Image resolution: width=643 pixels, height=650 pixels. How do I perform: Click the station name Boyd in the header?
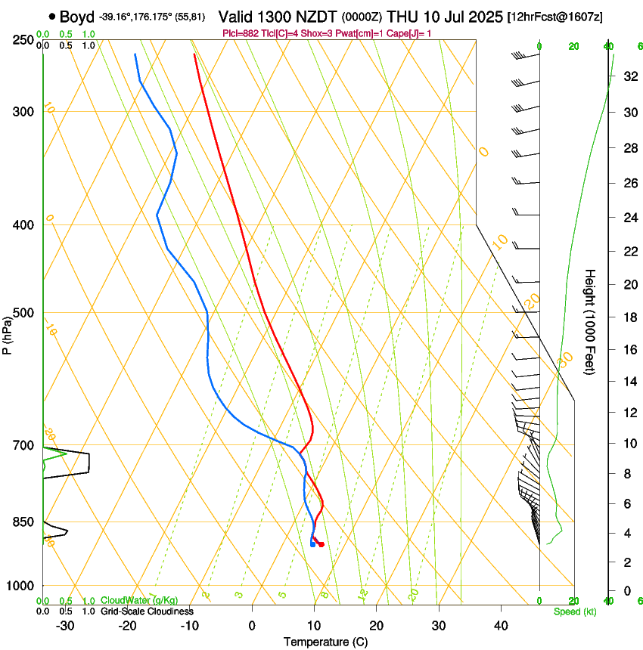click(77, 15)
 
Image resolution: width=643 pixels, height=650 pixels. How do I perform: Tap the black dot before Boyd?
click(51, 15)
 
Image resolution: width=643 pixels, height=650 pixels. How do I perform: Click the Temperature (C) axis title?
click(325, 642)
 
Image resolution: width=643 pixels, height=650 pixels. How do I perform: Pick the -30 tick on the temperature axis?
click(65, 625)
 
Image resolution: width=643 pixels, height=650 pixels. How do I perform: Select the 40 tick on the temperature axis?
click(500, 625)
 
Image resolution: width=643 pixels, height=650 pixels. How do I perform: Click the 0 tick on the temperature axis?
click(252, 625)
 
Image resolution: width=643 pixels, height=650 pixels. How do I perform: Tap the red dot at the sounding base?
click(321, 544)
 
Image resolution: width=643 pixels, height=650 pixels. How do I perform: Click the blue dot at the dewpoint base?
click(312, 544)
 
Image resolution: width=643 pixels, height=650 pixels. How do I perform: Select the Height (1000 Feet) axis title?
click(590, 321)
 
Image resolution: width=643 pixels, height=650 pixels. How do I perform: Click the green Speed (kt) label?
click(574, 611)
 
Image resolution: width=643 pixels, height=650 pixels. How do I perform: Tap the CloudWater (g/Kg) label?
click(139, 601)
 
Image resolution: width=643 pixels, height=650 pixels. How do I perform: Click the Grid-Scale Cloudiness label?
click(147, 611)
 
